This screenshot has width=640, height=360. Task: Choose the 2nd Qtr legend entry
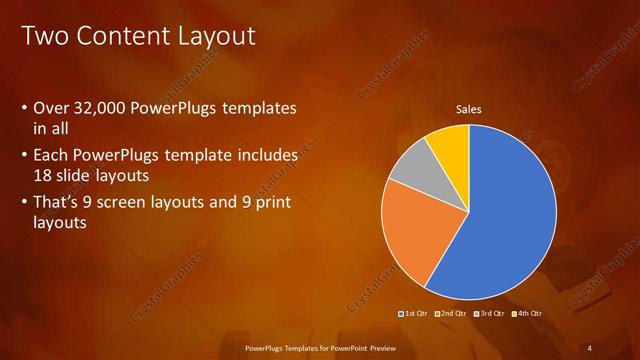point(451,314)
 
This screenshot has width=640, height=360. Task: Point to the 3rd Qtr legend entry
point(489,314)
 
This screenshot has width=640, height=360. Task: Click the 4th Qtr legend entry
point(527,314)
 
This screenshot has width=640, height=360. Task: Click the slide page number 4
point(591,347)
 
